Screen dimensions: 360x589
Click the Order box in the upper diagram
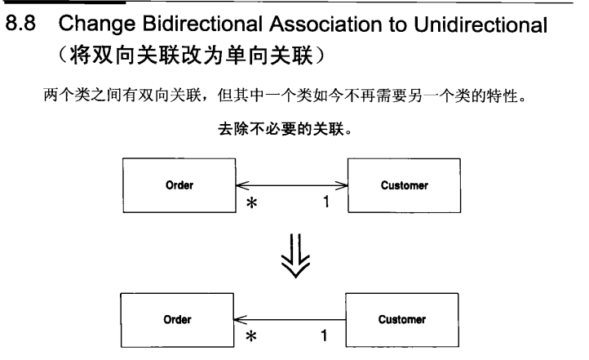coord(179,186)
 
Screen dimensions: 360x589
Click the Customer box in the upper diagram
coord(404,186)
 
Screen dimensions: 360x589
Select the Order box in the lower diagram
coord(177,320)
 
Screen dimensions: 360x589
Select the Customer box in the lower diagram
coord(401,320)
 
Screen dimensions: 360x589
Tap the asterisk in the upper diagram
coord(252,205)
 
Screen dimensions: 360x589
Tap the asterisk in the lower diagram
coord(252,338)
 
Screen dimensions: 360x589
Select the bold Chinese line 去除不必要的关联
coord(285,129)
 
